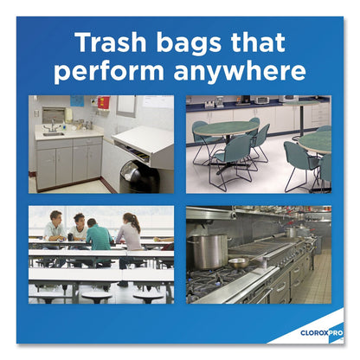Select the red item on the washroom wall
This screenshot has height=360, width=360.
(104, 103)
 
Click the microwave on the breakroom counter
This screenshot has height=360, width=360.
(260, 100)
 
